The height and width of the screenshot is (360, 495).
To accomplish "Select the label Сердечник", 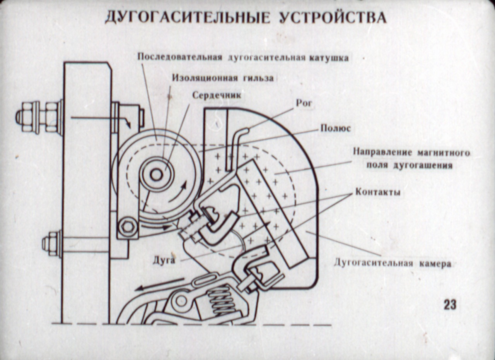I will click(x=217, y=95).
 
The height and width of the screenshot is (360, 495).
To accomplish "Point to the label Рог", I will click(x=304, y=103).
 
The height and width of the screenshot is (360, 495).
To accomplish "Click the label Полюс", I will click(x=335, y=128).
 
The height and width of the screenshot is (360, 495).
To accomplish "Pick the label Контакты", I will click(x=377, y=192).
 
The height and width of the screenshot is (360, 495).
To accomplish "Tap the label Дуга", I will click(x=164, y=260).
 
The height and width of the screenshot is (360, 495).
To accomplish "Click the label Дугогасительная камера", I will click(x=393, y=264).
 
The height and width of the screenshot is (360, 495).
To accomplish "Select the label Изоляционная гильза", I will click(x=223, y=78).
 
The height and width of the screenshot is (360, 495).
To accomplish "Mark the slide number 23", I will click(x=450, y=305).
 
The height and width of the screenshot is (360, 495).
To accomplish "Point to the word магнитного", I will click(x=443, y=152).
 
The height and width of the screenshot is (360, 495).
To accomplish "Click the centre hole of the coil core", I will click(x=156, y=175).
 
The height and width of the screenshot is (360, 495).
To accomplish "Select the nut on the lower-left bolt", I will click(x=51, y=244).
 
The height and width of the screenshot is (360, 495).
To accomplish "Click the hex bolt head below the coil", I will click(x=128, y=227).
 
